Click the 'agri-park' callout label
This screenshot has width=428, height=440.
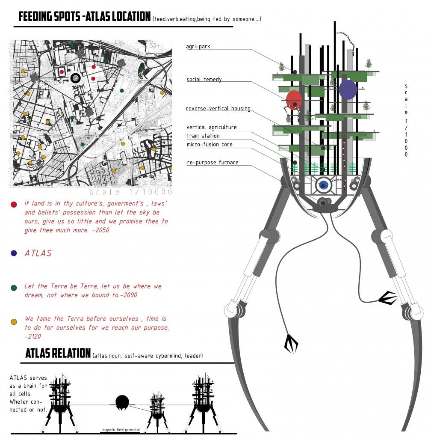click(198, 46)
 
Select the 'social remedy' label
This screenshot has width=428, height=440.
click(204, 80)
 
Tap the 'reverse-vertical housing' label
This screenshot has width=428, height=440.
click(218, 108)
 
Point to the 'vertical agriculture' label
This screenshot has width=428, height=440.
click(211, 127)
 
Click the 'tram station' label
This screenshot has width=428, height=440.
click(203, 136)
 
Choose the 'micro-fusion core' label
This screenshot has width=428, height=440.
click(210, 144)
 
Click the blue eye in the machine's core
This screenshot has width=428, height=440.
click(323, 185)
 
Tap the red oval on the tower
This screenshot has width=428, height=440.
click(294, 100)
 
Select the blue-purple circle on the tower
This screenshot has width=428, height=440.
click(348, 89)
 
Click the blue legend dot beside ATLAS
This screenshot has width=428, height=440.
click(14, 253)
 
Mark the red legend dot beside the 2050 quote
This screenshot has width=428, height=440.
click(14, 204)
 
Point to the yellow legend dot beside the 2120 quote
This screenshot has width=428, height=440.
click(14, 321)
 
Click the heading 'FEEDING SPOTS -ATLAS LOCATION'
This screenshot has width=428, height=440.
click(84, 17)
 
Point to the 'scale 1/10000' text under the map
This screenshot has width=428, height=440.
click(131, 192)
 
